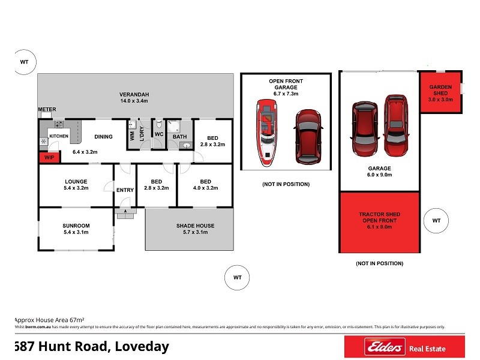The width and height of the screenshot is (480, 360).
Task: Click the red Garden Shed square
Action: pos(440,92)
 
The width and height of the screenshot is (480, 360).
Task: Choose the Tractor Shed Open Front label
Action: pos(379,221)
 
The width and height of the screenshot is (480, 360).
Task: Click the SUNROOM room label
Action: pos(76,226)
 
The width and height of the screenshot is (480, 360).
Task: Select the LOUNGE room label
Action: pos(76,181)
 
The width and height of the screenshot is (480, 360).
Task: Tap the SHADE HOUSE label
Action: pos(195,226)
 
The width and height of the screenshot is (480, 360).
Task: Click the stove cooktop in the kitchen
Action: pos(59,125)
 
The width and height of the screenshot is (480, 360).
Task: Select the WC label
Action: pos(159,134)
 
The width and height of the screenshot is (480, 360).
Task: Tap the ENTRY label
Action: pos(125,190)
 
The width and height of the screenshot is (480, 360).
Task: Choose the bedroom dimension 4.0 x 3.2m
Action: pos(205,188)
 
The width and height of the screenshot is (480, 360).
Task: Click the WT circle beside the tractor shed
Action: pos(436,221)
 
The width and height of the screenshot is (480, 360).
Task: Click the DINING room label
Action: pos(103,137)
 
